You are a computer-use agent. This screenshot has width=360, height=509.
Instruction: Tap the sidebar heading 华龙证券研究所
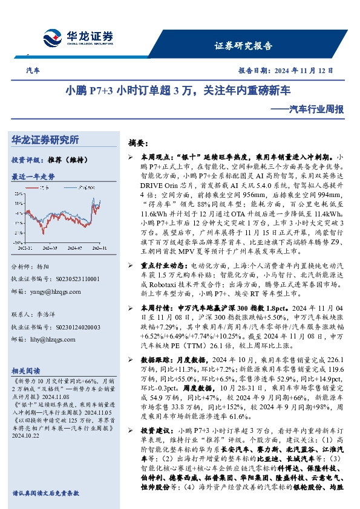pyautogui.click(x=45, y=140)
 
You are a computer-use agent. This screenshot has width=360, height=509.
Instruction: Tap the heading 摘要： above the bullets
pyautogui.click(x=139, y=143)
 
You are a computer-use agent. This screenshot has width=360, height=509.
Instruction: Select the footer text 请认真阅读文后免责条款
pyautogui.click(x=46, y=493)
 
